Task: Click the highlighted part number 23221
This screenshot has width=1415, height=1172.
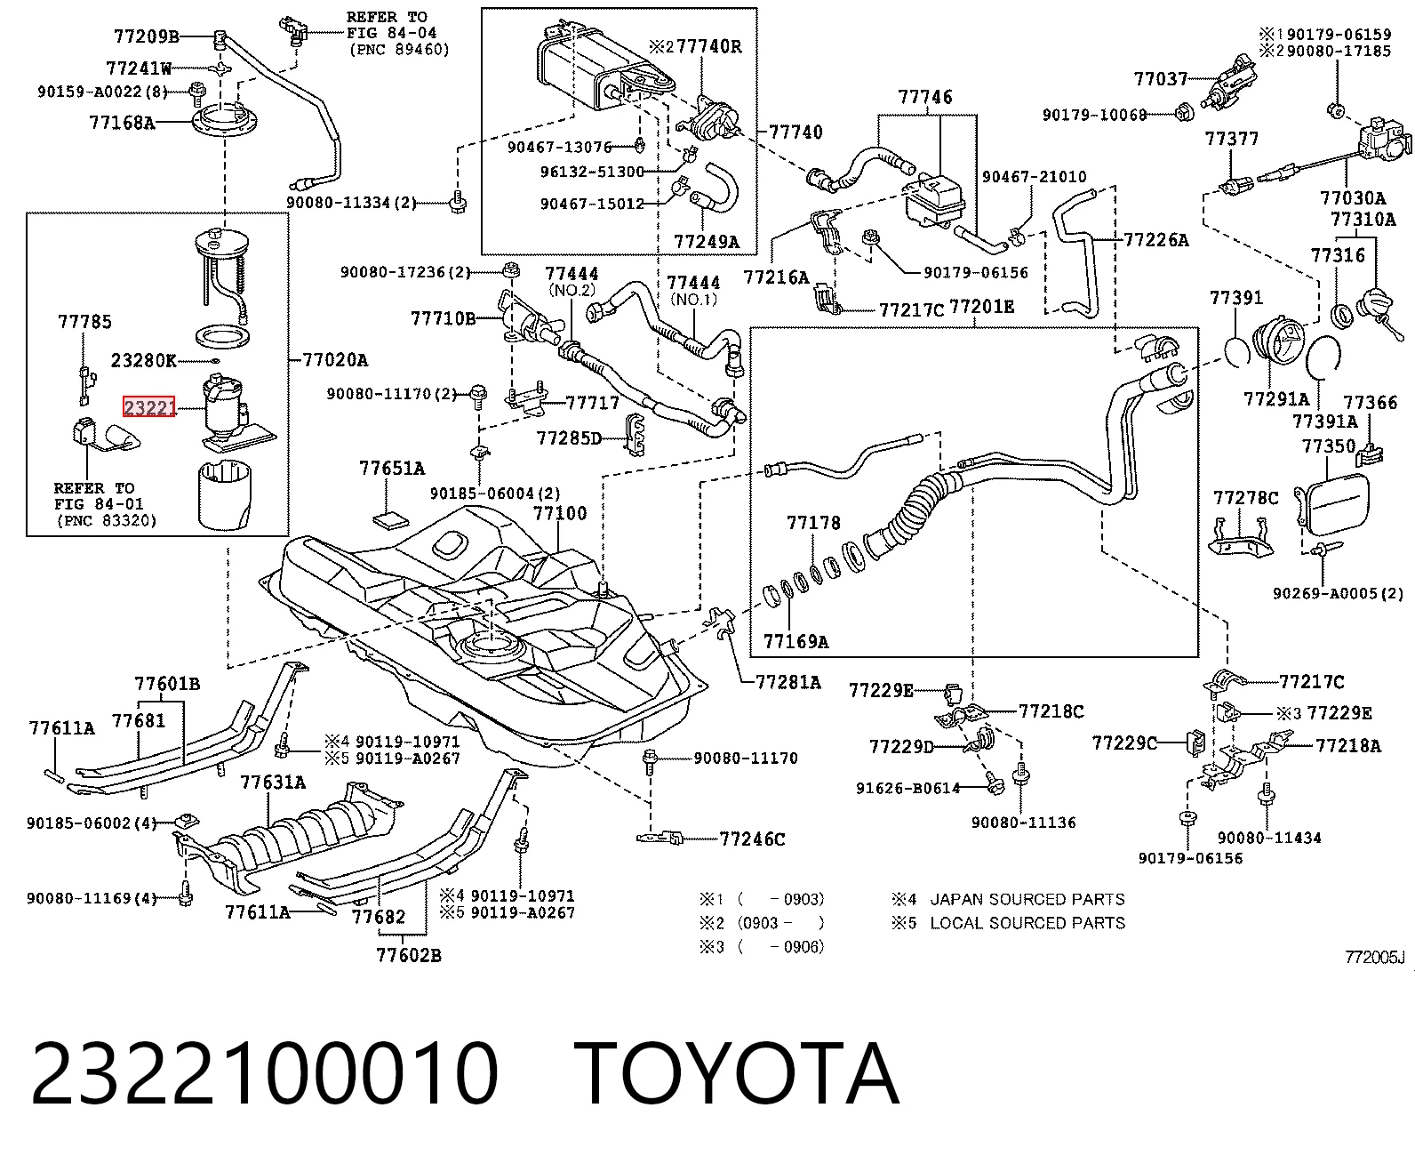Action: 149,407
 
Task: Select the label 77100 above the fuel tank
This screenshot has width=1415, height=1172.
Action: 560,513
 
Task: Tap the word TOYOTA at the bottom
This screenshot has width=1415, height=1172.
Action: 737,1074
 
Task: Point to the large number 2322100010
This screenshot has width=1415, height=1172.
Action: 265,1074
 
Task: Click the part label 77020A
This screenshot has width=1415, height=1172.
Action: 335,359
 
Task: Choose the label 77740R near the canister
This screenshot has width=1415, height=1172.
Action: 709,46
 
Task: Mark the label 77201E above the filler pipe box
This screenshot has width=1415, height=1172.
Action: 981,308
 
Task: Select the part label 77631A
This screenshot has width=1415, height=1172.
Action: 273,782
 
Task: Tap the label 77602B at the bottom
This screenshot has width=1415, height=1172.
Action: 409,955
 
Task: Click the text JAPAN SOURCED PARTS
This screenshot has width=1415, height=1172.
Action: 1027,899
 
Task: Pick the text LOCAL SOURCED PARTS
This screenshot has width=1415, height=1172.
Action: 1027,923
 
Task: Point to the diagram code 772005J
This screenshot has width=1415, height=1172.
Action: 1374,957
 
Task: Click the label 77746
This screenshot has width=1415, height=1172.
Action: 925,97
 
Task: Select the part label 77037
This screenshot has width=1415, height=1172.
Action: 1161,79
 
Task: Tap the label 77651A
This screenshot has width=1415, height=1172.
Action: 392,468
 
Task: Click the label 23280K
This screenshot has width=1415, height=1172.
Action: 144,360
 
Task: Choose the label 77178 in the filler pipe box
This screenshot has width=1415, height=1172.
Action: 813,522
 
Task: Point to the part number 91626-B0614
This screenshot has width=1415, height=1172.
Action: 908,788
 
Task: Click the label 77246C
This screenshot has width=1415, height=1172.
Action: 752,839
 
